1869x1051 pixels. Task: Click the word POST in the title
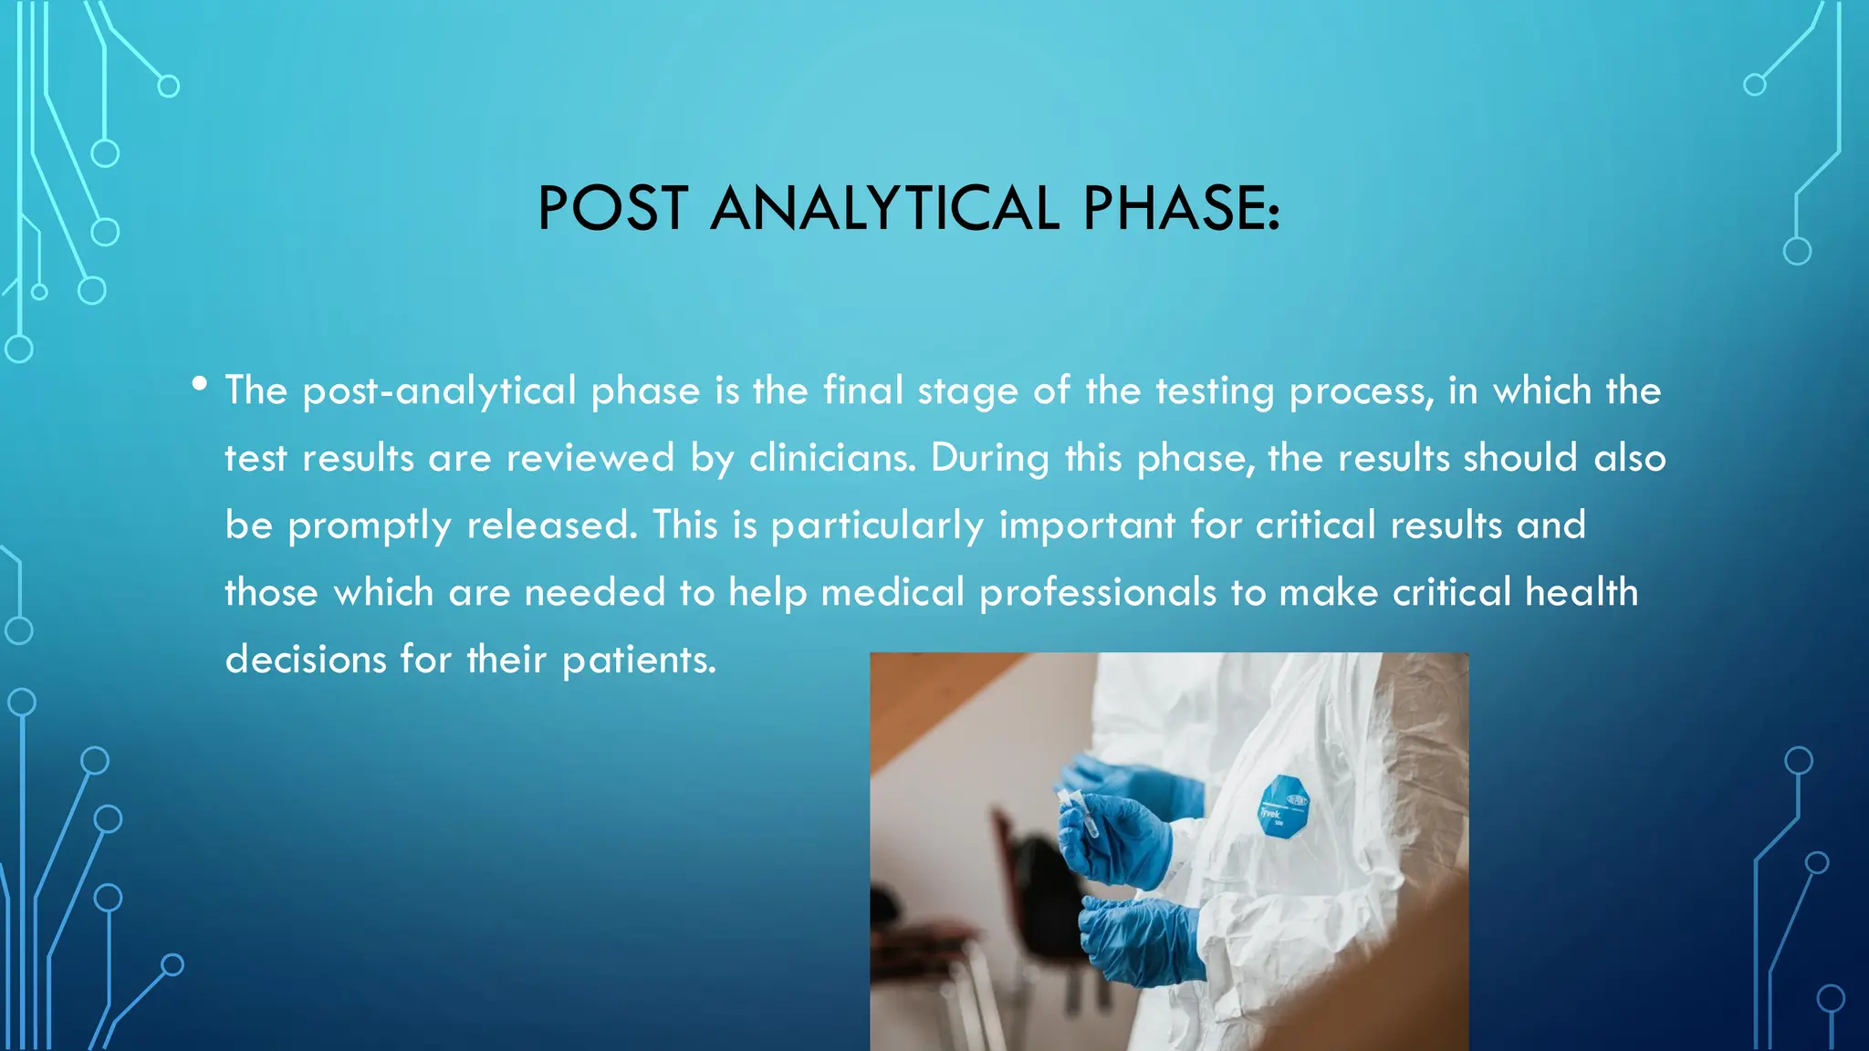coord(612,209)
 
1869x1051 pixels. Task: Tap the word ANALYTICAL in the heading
coord(883,209)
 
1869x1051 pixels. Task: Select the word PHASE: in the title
coord(1181,209)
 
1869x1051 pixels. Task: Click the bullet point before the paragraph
coord(200,384)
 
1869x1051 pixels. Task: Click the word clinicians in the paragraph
coord(830,458)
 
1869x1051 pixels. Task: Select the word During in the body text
coord(989,458)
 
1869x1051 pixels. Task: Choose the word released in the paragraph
coord(551,525)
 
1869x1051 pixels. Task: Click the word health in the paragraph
coord(1582,592)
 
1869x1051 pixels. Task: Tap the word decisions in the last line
coord(306,660)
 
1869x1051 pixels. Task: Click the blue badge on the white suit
coord(1284,806)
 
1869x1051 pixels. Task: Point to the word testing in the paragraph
coord(1215,391)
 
